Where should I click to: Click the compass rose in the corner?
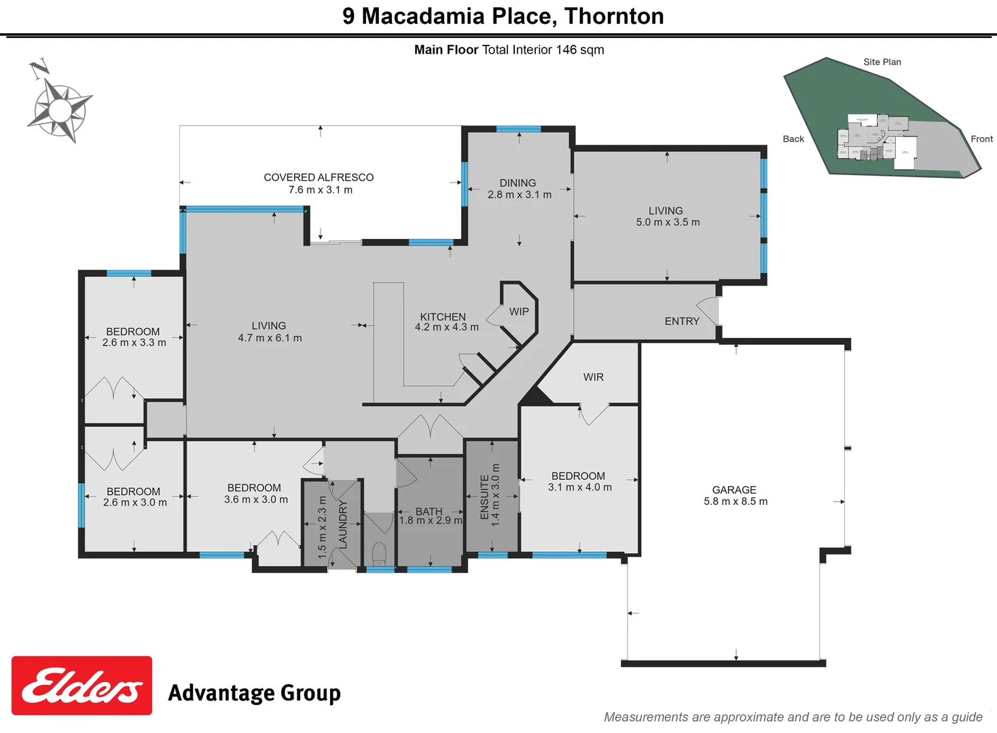60,109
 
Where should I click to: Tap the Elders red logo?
81,685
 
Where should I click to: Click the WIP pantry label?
519,312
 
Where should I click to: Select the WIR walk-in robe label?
593,377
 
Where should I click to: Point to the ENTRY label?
682,322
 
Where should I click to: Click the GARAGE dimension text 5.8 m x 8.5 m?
736,502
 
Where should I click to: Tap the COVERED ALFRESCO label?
319,177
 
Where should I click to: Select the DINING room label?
518,183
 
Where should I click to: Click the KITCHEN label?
443,317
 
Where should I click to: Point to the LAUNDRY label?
343,525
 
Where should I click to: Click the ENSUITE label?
484,497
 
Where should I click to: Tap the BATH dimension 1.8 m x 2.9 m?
431,521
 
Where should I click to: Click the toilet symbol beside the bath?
379,552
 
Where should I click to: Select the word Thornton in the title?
614,16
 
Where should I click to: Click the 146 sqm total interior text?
579,50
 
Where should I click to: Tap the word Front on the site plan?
981,139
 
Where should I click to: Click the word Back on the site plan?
793,139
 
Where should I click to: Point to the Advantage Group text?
254,693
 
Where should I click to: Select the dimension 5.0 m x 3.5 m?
668,223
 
